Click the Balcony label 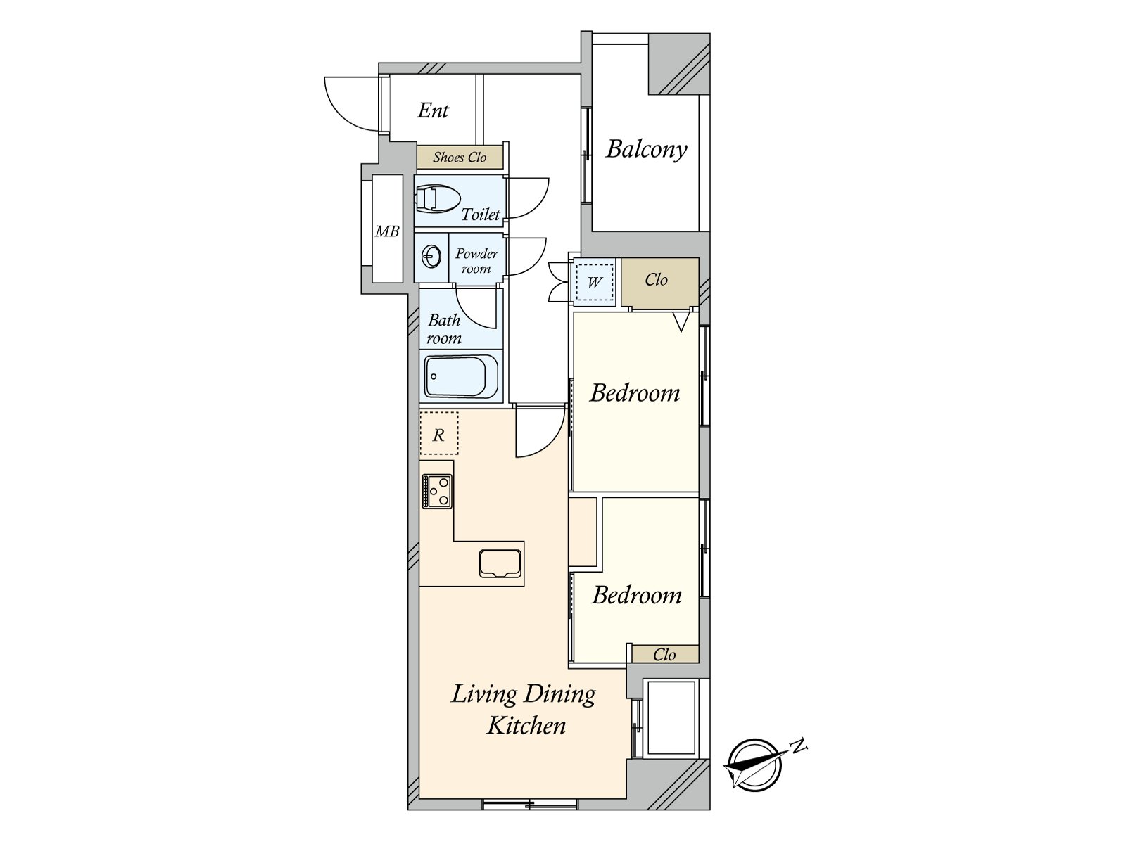point(646,150)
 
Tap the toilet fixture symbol point(437,199)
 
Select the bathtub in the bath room point(461,377)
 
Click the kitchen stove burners point(437,491)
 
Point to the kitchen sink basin point(500,563)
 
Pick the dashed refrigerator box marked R point(438,433)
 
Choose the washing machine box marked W point(594,282)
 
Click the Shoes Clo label point(460,158)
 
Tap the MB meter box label point(387,231)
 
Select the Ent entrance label point(433,110)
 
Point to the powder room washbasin point(431,257)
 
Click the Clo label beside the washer point(656,280)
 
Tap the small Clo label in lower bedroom point(664,654)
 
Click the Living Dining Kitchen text point(524,710)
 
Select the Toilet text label point(481,215)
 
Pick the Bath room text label point(444,329)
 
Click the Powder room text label point(476,261)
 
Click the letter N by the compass point(799,746)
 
